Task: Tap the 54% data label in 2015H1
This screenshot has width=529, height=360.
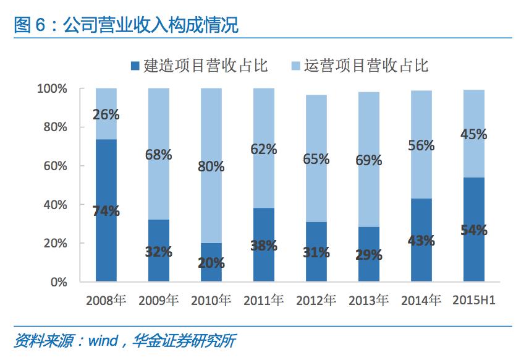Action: coord(474,230)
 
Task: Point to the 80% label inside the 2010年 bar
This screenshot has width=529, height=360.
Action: coord(211,166)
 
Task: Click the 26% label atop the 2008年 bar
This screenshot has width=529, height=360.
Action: coord(106,114)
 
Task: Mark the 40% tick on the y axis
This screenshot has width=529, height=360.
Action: coord(56,205)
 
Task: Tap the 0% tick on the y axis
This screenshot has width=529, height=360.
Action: coord(59,282)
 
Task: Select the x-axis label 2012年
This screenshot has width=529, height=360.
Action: coord(316,301)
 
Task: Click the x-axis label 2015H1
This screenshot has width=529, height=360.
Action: coord(474,301)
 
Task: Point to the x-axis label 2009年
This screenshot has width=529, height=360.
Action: coord(159,301)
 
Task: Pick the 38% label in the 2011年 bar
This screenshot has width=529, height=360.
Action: coord(264,245)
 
